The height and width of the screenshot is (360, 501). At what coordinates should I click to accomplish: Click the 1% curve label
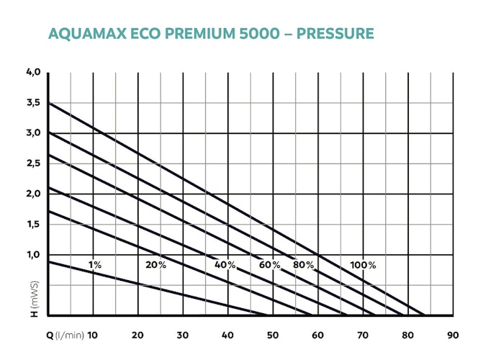point(95,265)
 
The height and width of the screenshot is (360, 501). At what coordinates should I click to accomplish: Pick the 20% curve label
point(155,265)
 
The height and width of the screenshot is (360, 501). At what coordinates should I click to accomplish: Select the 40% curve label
point(225,265)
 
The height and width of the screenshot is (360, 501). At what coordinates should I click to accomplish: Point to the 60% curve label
point(270,265)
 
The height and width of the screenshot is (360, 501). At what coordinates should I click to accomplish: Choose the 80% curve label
point(304,265)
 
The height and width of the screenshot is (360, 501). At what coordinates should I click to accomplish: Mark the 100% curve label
point(363,265)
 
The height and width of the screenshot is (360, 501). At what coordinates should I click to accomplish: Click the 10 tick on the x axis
point(93,335)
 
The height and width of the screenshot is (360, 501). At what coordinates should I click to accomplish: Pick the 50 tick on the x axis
point(273,335)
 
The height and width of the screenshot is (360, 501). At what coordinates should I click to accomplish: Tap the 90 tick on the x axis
point(453,335)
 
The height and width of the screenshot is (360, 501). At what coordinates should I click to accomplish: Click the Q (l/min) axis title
point(63,335)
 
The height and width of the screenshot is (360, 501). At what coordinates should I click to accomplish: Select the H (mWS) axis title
point(34,297)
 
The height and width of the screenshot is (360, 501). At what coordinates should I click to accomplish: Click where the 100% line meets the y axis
point(48,103)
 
